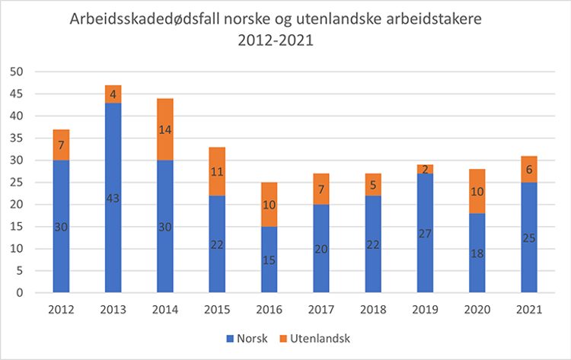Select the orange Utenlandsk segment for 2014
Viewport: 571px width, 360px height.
pos(165,129)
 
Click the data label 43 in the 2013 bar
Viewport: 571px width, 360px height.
pos(113,198)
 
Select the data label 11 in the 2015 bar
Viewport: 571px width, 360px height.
pos(217,171)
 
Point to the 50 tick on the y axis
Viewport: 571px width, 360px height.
pos(17,72)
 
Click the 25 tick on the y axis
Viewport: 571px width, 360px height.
pos(17,183)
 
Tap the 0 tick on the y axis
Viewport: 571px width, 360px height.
pos(20,293)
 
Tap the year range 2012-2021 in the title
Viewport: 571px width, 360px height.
pos(275,40)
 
